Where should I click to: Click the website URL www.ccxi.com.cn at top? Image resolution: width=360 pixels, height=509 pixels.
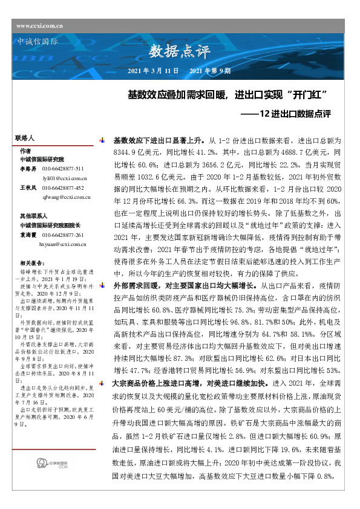(x=40, y=25)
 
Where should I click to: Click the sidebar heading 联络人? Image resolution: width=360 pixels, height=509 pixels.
(x=25, y=138)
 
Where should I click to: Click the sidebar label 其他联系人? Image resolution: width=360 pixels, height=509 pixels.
(x=34, y=215)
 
